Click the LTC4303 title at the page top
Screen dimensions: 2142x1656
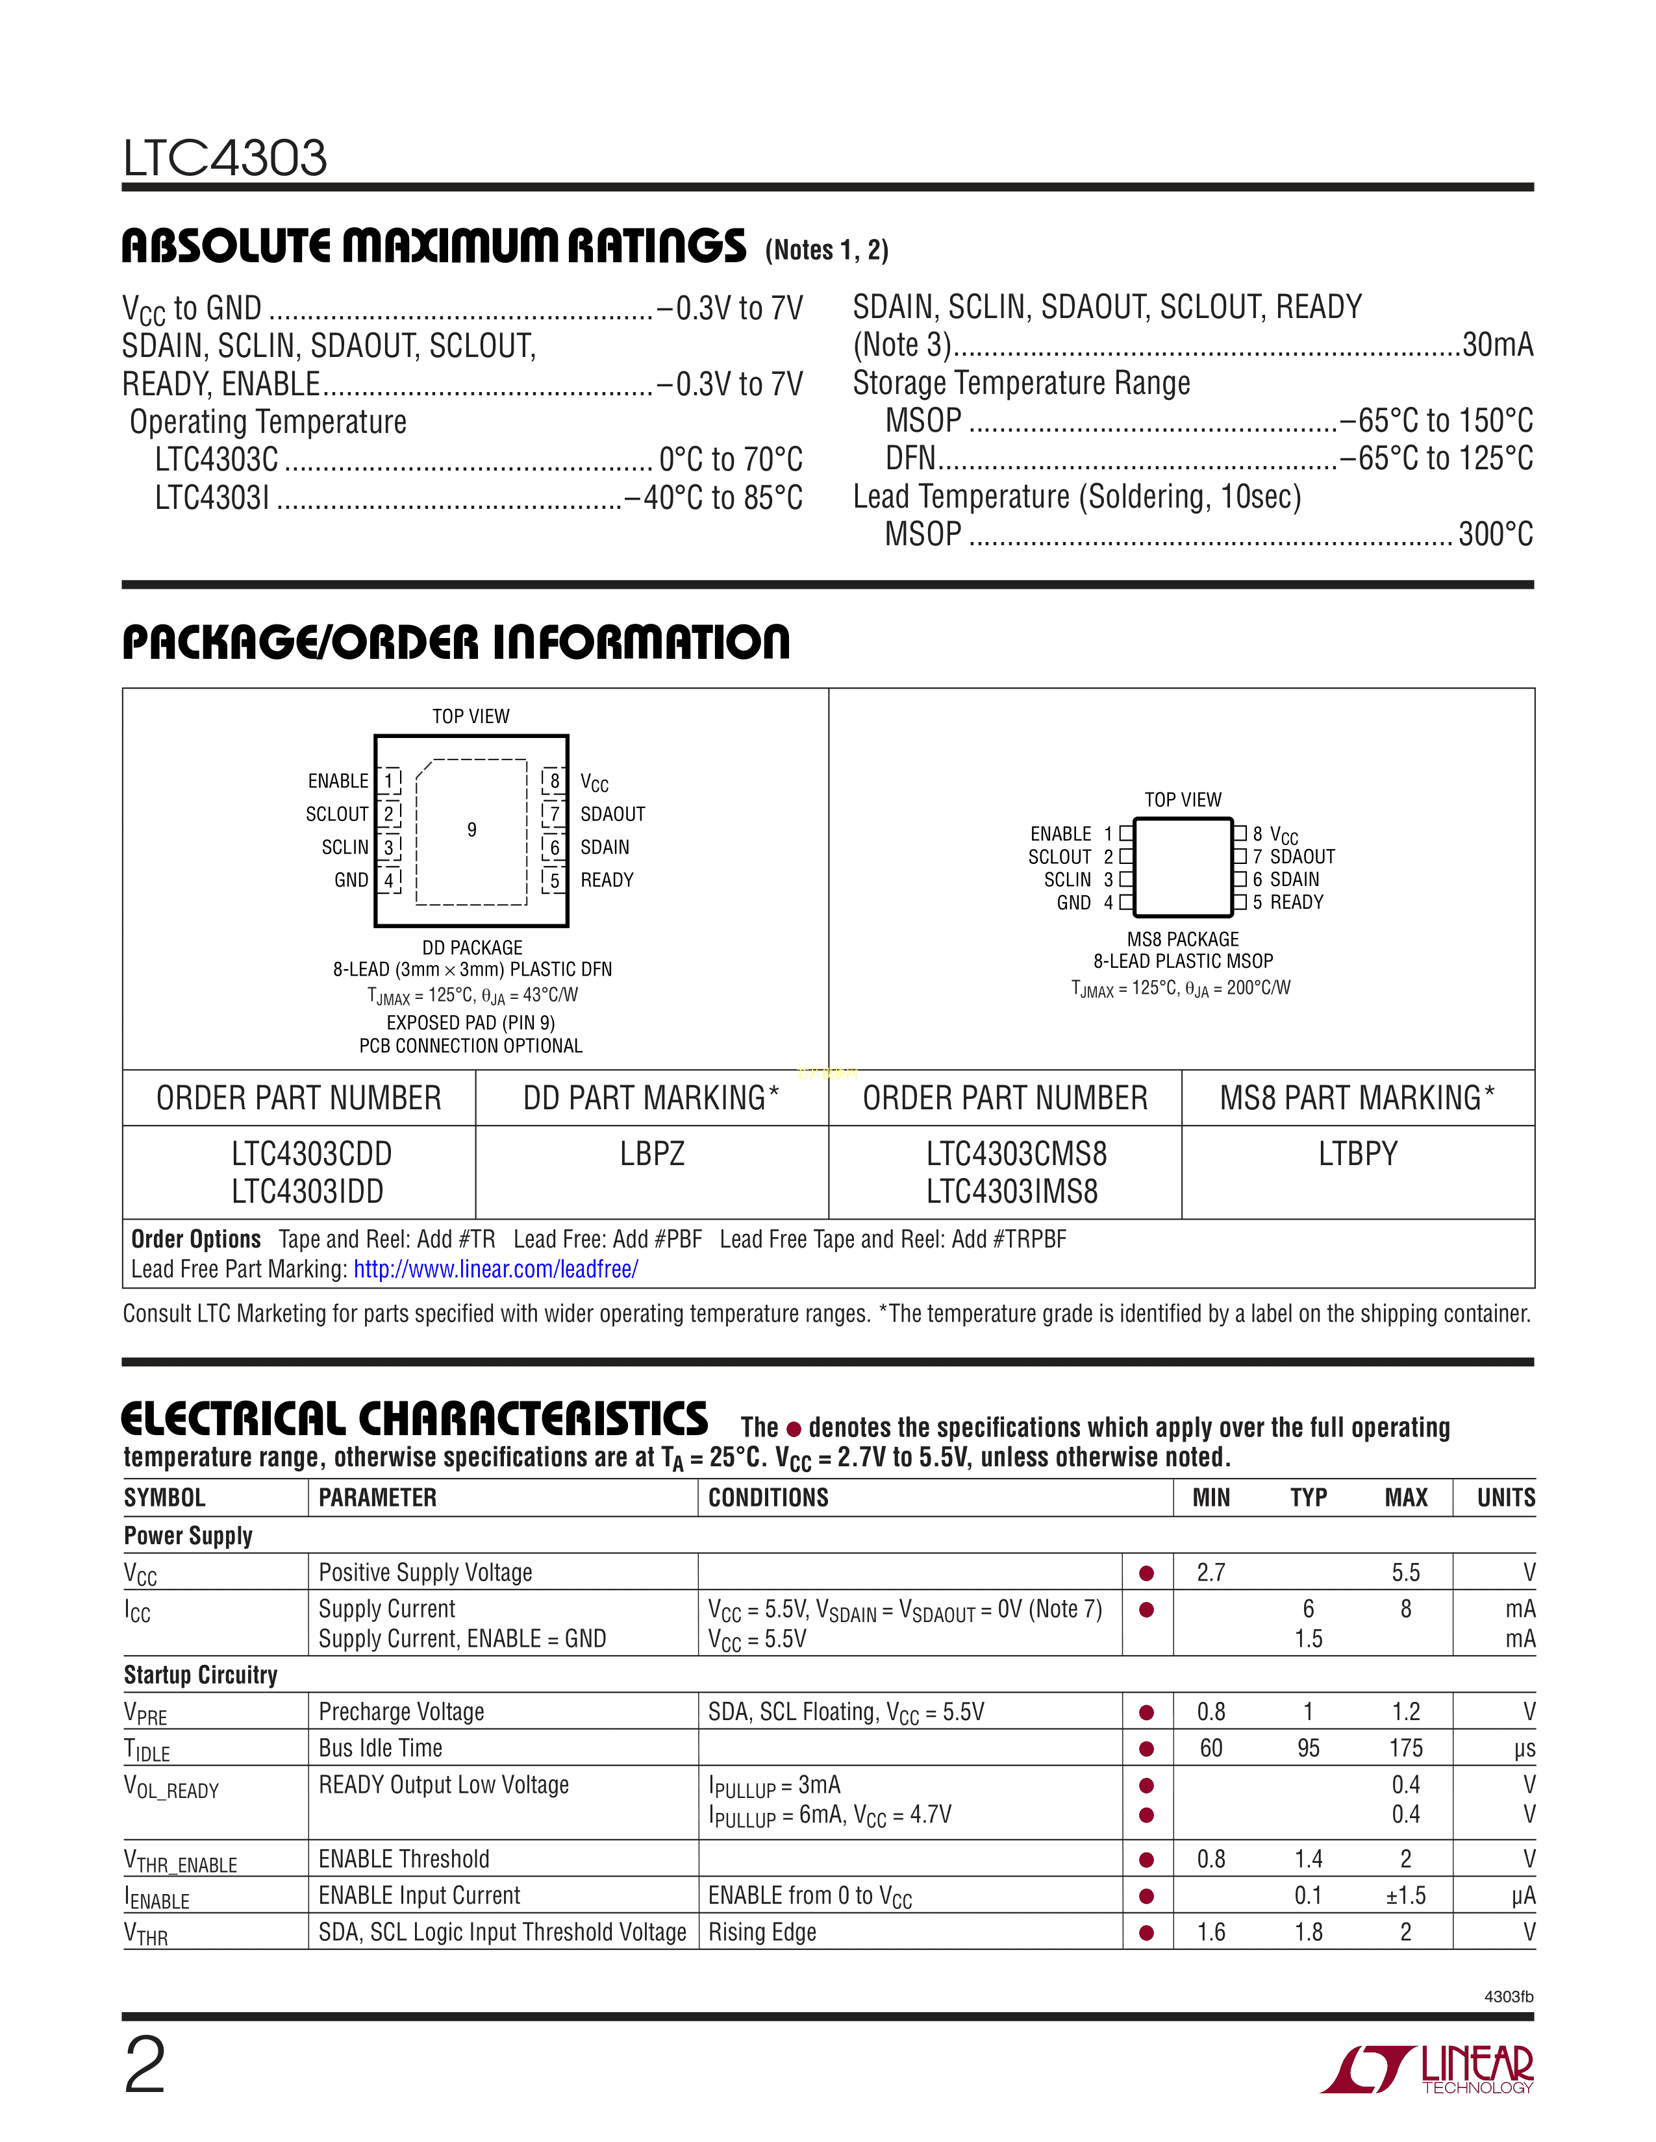coord(225,158)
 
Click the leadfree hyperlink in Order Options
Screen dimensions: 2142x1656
coord(496,1269)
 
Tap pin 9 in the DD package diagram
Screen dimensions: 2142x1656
coord(472,830)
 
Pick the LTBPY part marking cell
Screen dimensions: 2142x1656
coord(1358,1154)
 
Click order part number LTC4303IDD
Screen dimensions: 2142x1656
coord(307,1192)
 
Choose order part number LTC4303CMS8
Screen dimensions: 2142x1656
coord(1016,1154)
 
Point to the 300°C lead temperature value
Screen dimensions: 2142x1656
coord(1495,534)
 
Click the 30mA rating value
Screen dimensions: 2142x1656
coord(1497,345)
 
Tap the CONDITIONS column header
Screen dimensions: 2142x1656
coord(768,1497)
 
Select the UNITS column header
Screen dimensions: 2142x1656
coord(1506,1497)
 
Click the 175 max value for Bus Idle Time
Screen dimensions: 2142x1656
coord(1405,1748)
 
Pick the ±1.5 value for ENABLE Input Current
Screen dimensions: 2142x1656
coord(1405,1896)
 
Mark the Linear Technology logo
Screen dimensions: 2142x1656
coord(1429,2069)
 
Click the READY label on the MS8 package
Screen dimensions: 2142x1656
coord(1296,902)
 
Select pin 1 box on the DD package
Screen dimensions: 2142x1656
coord(390,781)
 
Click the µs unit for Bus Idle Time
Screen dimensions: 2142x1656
coord(1524,1749)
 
